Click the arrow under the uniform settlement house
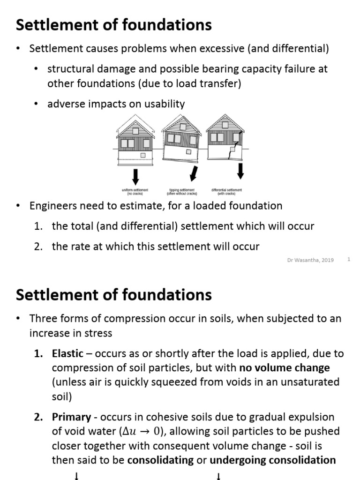point(135,176)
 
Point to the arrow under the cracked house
point(240,171)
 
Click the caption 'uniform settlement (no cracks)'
point(135,191)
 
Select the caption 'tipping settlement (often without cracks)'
point(182,191)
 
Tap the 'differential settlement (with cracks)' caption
point(227,191)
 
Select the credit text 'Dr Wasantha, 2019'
point(310,260)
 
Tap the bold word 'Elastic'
point(67,353)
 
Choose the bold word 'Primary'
point(71,417)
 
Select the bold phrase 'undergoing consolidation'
point(273,460)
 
